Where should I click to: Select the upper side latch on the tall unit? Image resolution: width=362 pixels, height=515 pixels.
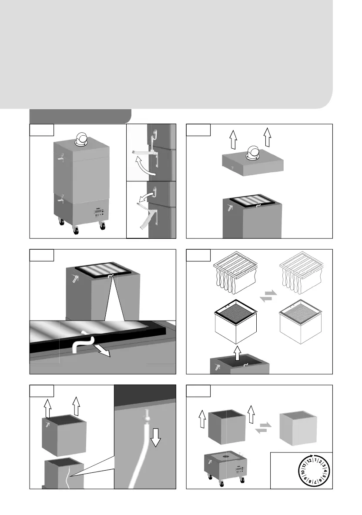coord(60,158)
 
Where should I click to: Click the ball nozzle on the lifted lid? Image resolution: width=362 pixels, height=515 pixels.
coord(253,154)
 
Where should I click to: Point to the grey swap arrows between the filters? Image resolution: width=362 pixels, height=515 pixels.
coord(268,295)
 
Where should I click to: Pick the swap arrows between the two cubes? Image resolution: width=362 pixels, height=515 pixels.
coord(264,428)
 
